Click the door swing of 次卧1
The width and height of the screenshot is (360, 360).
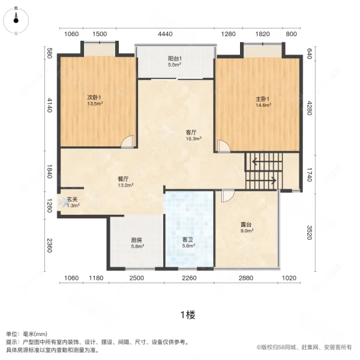pos(128,142)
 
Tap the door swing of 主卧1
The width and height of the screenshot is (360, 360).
pos(223,146)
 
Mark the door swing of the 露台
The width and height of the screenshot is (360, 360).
pos(227,196)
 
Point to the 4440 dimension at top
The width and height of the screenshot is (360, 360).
pos(166,34)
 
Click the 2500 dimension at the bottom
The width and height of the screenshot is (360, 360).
pos(136,278)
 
